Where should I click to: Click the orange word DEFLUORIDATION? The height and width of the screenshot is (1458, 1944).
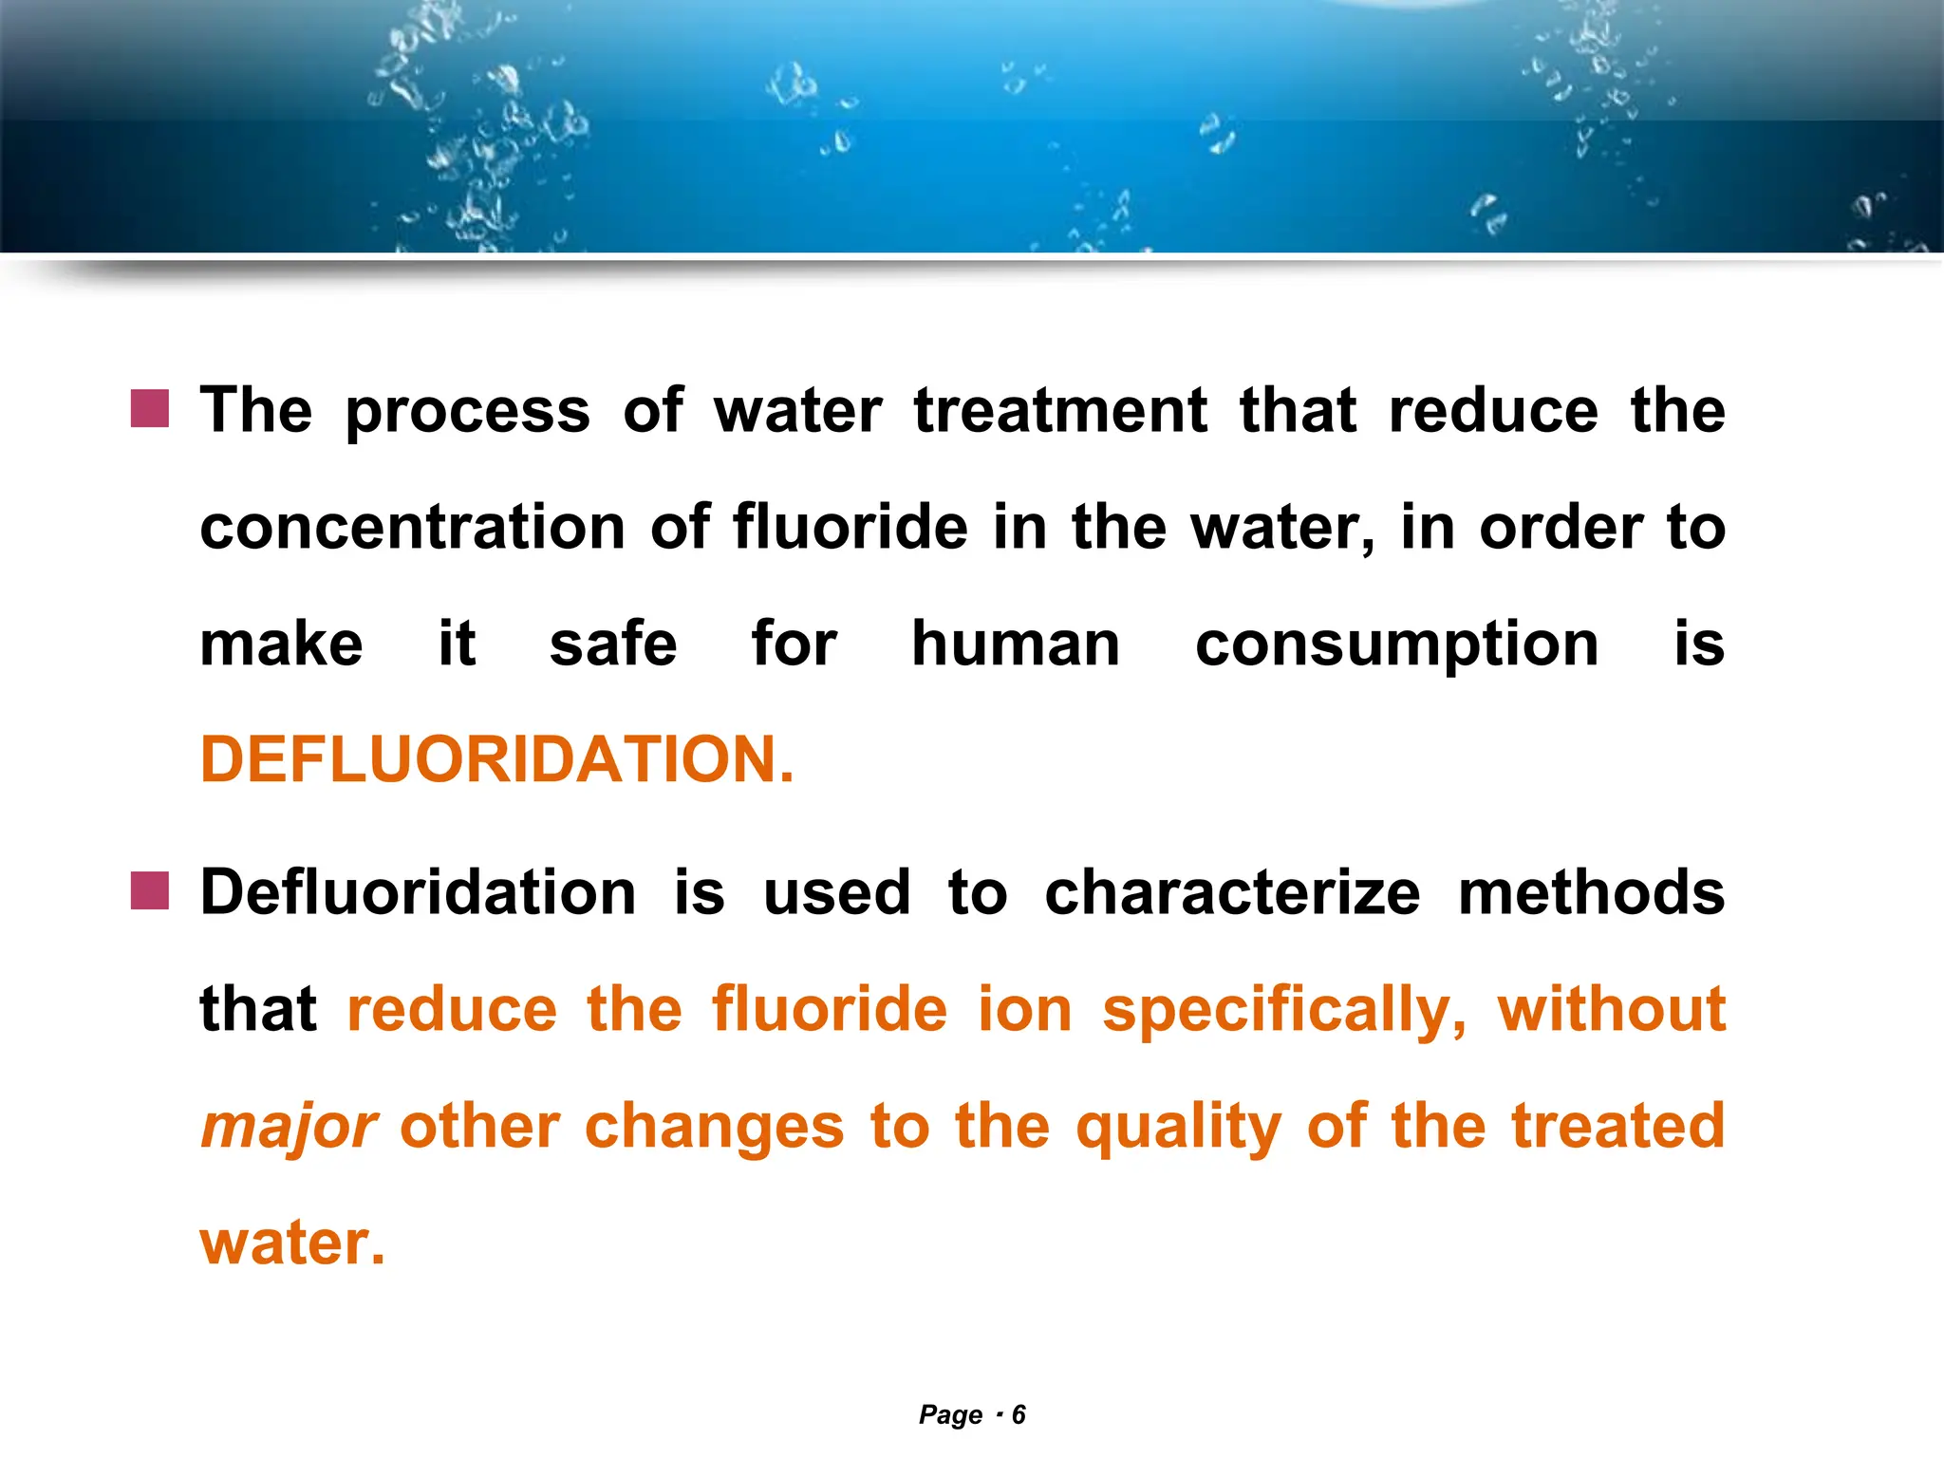pyautogui.click(x=496, y=760)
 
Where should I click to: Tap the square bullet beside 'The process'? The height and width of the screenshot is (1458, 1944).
pyautogui.click(x=150, y=409)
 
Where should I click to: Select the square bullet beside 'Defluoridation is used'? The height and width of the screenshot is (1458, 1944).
pyautogui.click(x=150, y=891)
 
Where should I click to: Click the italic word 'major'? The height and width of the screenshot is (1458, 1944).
pyautogui.click(x=290, y=1127)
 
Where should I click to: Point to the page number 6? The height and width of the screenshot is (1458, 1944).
pyautogui.click(x=1019, y=1415)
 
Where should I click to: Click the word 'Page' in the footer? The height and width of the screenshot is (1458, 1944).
pyautogui.click(x=950, y=1415)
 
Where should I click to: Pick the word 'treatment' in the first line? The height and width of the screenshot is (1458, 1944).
pyautogui.click(x=1060, y=411)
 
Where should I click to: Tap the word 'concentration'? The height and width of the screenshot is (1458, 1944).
pyautogui.click(x=412, y=528)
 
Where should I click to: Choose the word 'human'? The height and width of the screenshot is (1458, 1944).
pyautogui.click(x=1016, y=645)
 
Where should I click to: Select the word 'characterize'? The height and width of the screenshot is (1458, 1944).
pyautogui.click(x=1232, y=893)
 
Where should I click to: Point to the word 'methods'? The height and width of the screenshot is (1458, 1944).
pyautogui.click(x=1591, y=893)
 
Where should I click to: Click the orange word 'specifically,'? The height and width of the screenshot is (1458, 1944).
pyautogui.click(x=1284, y=1010)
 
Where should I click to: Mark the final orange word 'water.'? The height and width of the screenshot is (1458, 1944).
pyautogui.click(x=292, y=1243)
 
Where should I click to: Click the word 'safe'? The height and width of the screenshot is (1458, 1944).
pyautogui.click(x=613, y=645)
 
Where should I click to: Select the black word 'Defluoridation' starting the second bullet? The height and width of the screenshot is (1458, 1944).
pyautogui.click(x=418, y=893)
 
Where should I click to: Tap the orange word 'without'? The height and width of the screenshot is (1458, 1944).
pyautogui.click(x=1611, y=1009)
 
